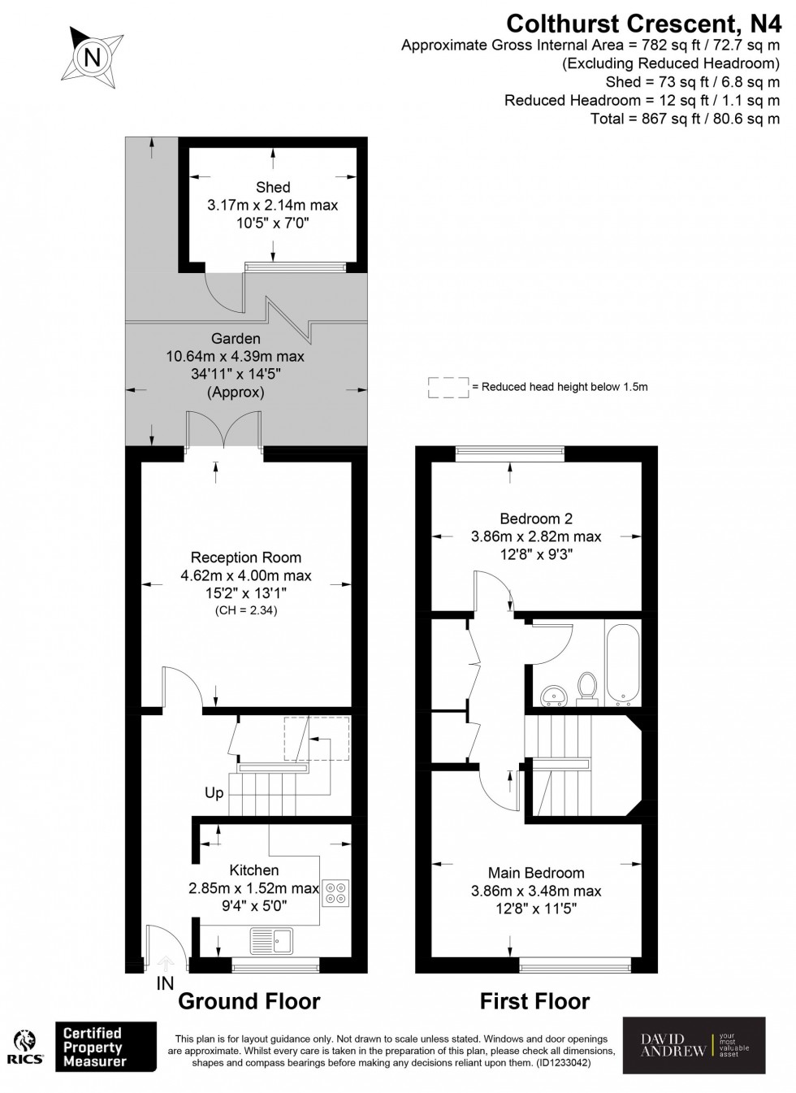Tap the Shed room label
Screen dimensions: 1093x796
(x=272, y=188)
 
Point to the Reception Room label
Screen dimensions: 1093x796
(x=245, y=557)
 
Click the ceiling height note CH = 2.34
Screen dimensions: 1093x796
(x=245, y=610)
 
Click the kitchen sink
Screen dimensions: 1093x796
(x=274, y=940)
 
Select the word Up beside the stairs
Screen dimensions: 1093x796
(x=214, y=793)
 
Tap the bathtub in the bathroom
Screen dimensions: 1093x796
(x=622, y=660)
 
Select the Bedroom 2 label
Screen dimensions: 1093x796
(x=530, y=518)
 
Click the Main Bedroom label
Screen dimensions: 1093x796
(x=535, y=873)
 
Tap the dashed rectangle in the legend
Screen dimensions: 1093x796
(x=448, y=388)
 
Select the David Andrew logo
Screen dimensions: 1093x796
(x=694, y=1044)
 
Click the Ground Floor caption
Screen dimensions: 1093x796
(x=249, y=1001)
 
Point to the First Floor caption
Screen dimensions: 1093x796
(x=534, y=1001)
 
